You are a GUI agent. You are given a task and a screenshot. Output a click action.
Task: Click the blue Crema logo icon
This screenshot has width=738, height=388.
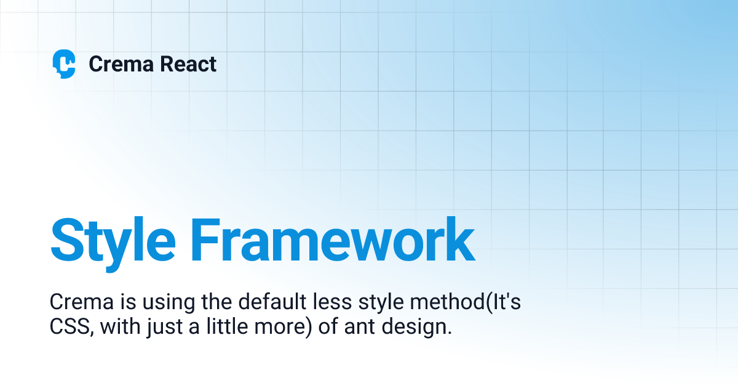(x=64, y=64)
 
